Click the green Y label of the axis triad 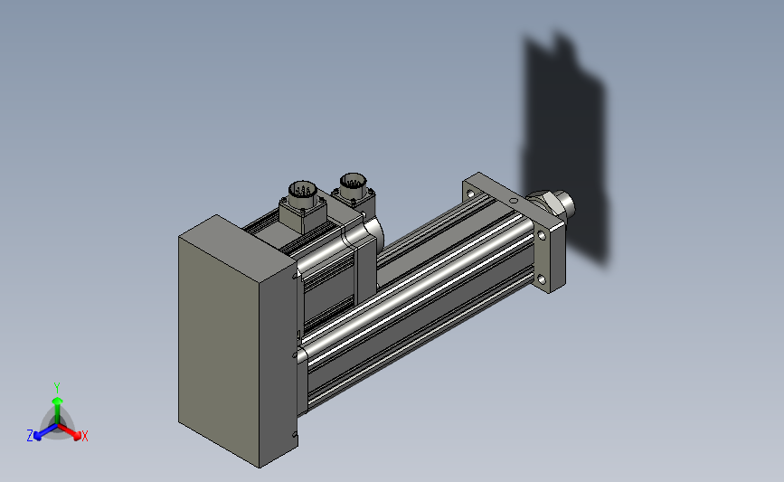click(x=56, y=388)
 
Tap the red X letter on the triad click(x=84, y=436)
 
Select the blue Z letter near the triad click(x=30, y=436)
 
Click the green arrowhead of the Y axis click(x=57, y=401)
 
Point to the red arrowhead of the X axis click(x=77, y=436)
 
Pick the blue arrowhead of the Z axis click(x=38, y=436)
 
